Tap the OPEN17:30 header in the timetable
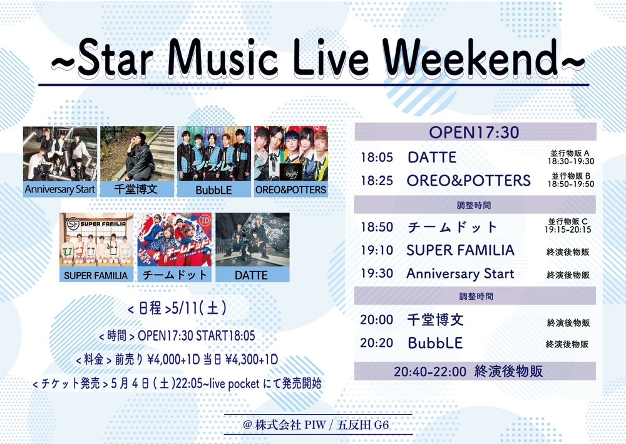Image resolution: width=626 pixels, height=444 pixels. [x=475, y=132]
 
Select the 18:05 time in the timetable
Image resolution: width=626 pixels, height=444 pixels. [x=377, y=157]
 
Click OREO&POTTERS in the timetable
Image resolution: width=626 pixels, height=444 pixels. [x=469, y=181]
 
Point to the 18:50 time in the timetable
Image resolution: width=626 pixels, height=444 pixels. [x=377, y=227]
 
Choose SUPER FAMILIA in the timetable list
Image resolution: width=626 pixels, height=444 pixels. [x=460, y=250]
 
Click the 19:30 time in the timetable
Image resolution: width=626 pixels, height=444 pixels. [x=377, y=273]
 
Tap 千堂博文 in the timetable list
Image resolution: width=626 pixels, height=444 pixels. [x=435, y=320]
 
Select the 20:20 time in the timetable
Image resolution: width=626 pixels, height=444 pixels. [x=377, y=343]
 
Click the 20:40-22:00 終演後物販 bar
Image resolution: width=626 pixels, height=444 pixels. [x=475, y=371]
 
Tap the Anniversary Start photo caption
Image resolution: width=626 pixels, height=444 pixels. [x=60, y=189]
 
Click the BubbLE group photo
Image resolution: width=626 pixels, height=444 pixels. [x=214, y=154]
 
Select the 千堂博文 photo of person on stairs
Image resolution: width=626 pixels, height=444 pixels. [x=137, y=154]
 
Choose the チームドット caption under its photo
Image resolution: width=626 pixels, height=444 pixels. [x=175, y=275]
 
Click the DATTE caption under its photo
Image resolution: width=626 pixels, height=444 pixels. [x=252, y=275]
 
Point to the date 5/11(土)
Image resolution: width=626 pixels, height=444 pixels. [x=199, y=309]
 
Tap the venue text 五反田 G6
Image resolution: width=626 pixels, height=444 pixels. [x=362, y=425]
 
